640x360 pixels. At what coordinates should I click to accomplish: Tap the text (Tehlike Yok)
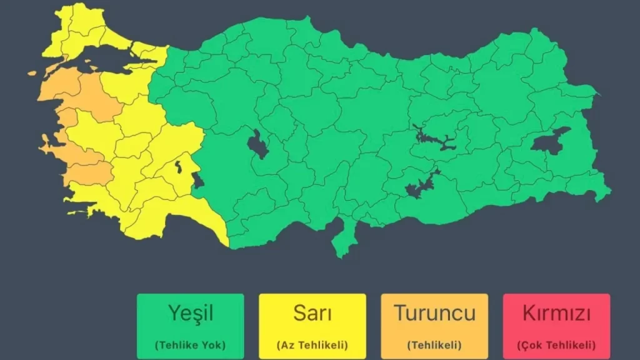point(190,344)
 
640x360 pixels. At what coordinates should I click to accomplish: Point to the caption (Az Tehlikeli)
point(312,344)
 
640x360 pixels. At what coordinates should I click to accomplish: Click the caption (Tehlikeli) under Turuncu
point(434,344)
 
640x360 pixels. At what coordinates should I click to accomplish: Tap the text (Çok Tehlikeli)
point(556,344)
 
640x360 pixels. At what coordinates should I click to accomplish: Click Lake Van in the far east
point(548,142)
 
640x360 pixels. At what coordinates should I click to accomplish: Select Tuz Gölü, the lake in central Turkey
point(257,144)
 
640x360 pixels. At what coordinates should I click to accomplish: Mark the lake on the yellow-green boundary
point(198,181)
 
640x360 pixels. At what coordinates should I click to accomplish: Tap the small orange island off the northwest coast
point(32,73)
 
